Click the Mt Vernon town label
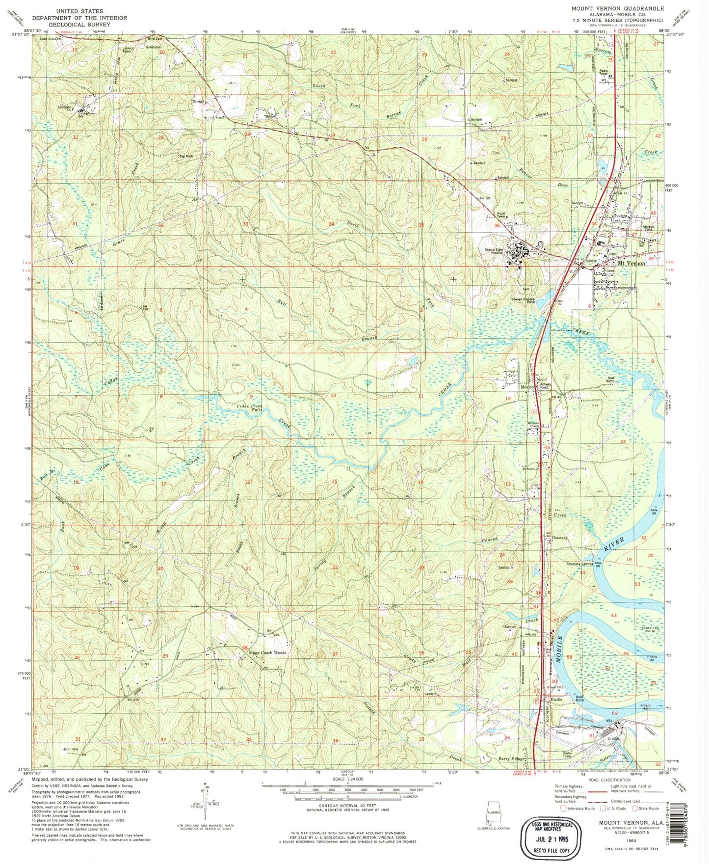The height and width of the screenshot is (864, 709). pos(631,264)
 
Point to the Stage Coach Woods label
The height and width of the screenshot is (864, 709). pos(267,653)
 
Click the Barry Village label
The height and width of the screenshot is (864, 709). pos(511,759)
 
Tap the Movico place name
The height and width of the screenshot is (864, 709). pos(527,387)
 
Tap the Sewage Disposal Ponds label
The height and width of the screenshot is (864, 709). pos(523,300)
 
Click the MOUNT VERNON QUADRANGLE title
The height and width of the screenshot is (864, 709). pos(617,9)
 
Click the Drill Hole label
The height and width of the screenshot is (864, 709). pos(71,750)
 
